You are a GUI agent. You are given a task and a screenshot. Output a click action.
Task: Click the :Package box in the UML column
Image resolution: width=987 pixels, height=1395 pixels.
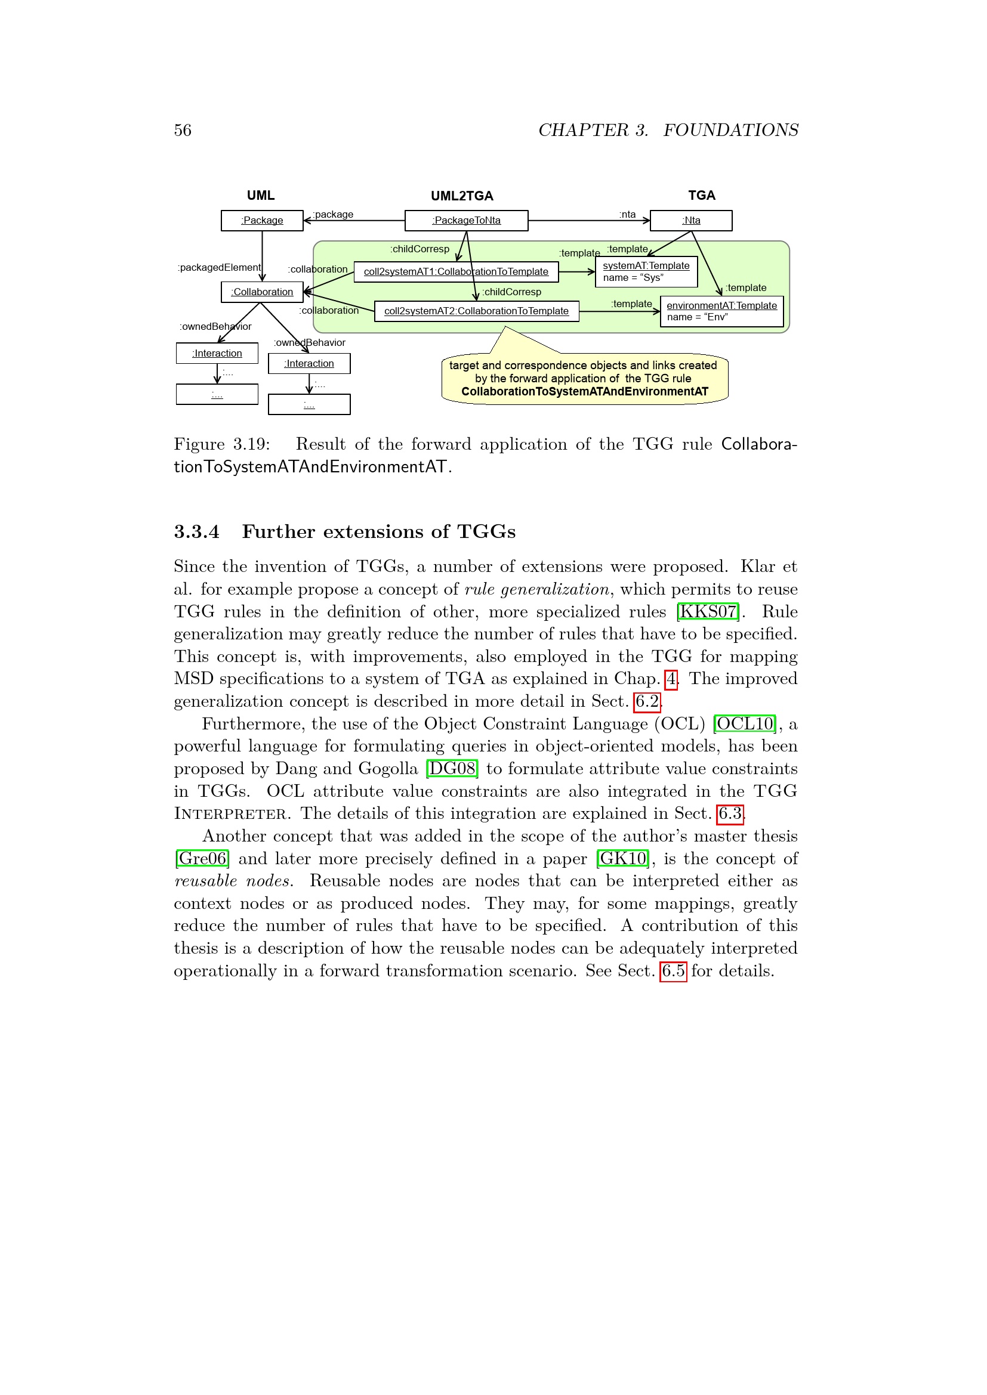pos(262,221)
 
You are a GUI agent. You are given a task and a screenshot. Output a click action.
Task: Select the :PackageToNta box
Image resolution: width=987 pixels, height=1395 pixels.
pos(466,221)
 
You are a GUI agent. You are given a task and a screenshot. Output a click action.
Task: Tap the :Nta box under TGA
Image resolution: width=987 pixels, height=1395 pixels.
pos(691,221)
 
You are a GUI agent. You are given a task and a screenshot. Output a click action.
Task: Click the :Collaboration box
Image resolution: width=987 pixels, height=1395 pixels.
pos(262,292)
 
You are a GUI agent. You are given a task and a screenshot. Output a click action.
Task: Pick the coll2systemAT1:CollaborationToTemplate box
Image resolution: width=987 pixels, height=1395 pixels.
pos(456,272)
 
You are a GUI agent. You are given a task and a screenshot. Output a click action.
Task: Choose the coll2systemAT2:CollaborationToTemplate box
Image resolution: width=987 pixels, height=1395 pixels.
pos(476,312)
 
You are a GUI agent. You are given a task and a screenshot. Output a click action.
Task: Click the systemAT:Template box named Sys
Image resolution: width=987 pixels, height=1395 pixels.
pos(646,271)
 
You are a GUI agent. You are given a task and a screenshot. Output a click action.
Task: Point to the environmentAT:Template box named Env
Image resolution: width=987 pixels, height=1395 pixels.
pos(721,311)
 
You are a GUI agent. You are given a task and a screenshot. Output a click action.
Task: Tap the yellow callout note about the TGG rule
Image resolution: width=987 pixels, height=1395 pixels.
pos(584,379)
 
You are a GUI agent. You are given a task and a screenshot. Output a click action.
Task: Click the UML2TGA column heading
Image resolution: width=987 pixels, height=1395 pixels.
pos(462,196)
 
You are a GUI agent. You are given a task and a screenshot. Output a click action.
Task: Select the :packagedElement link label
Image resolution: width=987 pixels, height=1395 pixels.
pos(219,268)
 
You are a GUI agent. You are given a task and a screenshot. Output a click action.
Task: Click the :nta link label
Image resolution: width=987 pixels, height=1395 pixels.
pos(627,215)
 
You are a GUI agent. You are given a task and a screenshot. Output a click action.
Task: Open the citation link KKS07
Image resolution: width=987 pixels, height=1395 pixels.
pos(708,612)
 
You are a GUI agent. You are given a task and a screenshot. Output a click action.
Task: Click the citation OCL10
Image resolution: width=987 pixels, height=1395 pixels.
pos(745,724)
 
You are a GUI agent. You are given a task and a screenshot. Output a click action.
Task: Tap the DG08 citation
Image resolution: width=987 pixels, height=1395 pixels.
pos(452,769)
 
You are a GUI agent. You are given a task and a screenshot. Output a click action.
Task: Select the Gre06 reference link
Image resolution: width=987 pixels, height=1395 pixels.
pos(202,859)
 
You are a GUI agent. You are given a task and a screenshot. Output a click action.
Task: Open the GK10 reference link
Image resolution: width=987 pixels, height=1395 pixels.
pos(623,859)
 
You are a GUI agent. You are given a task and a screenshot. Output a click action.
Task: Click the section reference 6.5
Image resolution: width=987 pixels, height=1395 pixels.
pos(673,972)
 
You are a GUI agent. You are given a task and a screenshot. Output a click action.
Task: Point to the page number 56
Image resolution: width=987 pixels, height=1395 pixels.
pos(183,131)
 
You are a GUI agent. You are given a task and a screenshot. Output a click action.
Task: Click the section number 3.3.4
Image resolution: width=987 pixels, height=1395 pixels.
pos(196,532)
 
